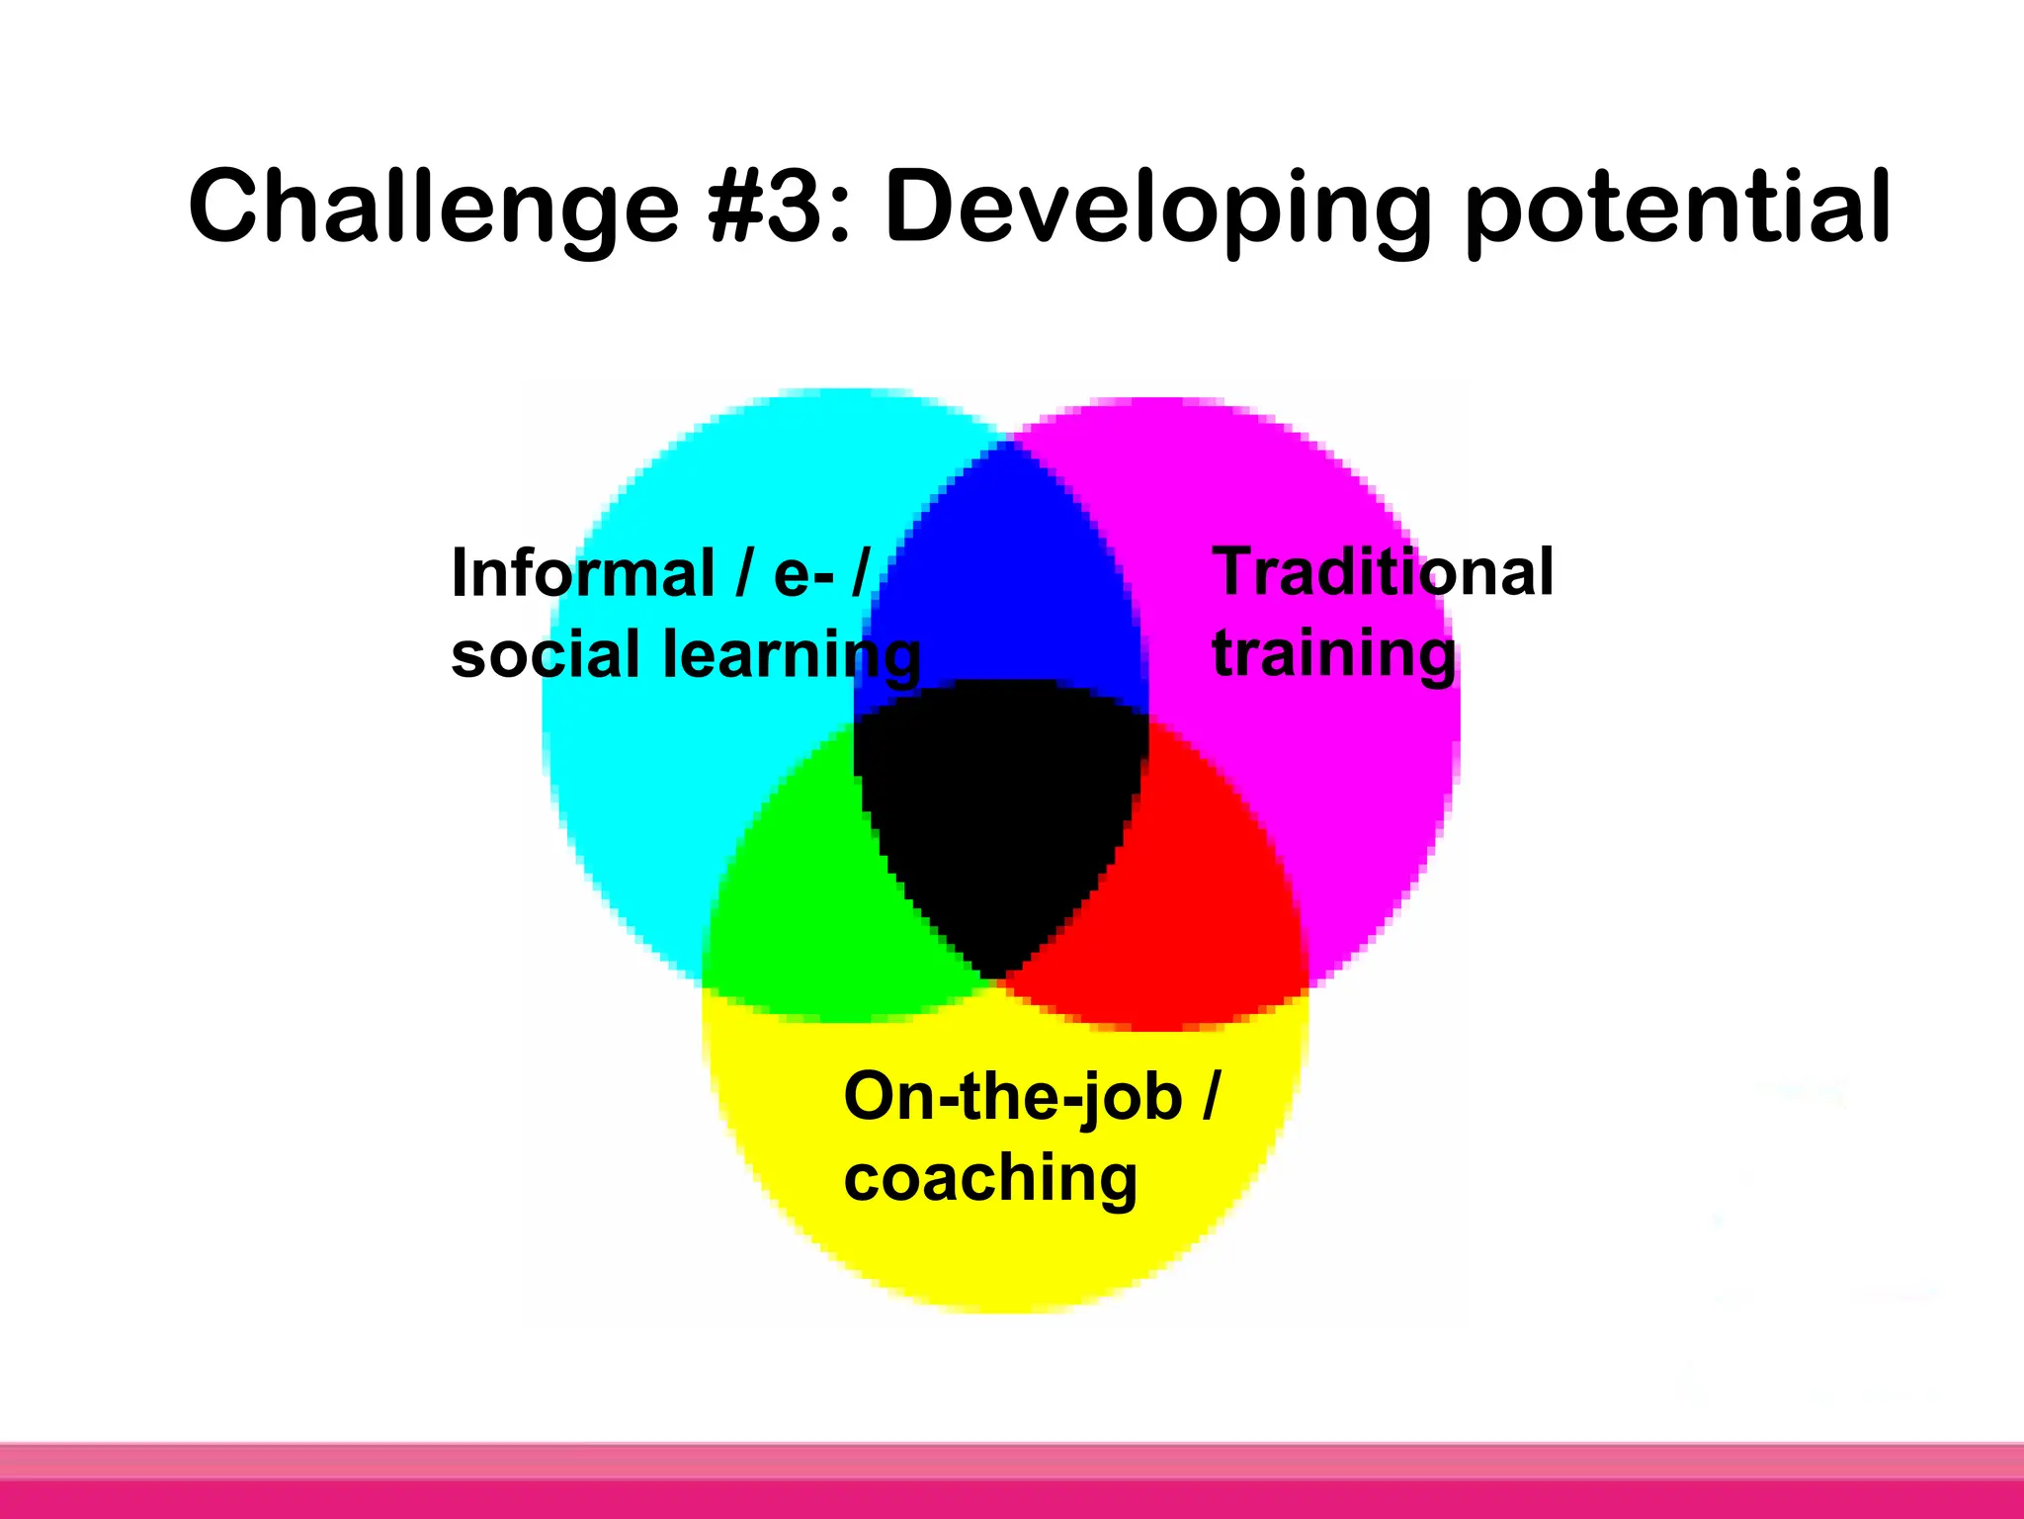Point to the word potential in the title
click(x=1677, y=208)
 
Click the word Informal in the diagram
click(x=582, y=573)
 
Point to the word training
click(x=1333, y=655)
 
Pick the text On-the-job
click(x=1012, y=1097)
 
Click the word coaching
click(x=990, y=1179)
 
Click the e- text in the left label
click(x=802, y=573)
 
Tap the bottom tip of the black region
click(x=996, y=976)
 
